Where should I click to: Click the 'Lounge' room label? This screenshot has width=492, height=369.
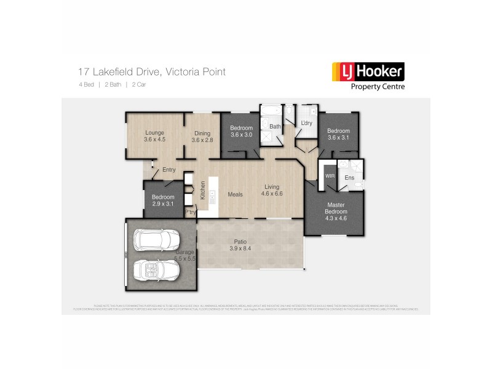[x=154, y=132]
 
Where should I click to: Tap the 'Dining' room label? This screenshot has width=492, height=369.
[x=202, y=133]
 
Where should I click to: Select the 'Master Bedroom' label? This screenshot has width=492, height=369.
[x=336, y=208]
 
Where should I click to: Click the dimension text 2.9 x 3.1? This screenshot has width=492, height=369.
[x=163, y=204]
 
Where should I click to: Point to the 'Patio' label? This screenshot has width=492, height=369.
[x=240, y=241]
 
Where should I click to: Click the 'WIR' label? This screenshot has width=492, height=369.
[x=329, y=176]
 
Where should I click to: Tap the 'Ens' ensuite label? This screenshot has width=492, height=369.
[x=349, y=178]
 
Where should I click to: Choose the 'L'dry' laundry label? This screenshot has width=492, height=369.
[x=306, y=124]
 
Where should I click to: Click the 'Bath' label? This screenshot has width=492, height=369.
[x=275, y=127]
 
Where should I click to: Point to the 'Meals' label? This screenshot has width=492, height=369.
[x=236, y=194]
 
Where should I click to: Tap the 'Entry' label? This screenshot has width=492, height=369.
[x=169, y=170]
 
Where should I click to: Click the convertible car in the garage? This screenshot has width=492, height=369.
[x=156, y=269]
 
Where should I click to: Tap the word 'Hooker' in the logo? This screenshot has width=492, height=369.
[x=378, y=71]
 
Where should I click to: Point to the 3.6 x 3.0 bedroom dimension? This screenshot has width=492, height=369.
[x=242, y=135]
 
